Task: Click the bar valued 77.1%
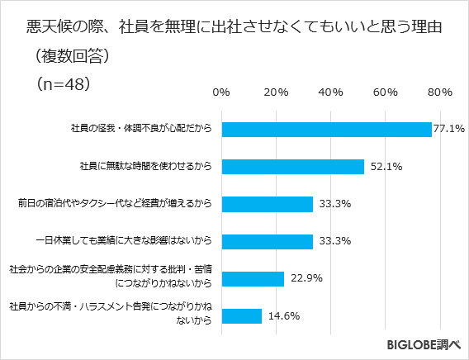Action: (326, 130)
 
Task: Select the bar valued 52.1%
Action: (292, 167)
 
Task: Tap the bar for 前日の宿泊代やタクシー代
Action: (267, 204)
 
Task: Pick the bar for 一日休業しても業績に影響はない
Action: (267, 241)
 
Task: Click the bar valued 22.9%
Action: (253, 278)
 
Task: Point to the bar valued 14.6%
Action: (241, 316)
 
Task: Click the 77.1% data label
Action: (450, 130)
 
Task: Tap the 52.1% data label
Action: (386, 167)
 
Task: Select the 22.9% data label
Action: (306, 278)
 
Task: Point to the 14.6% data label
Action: (283, 316)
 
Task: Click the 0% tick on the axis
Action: (221, 91)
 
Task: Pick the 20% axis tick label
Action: (275, 91)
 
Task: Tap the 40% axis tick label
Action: (330, 91)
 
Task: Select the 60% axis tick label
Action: (385, 91)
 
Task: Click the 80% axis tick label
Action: (439, 91)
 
